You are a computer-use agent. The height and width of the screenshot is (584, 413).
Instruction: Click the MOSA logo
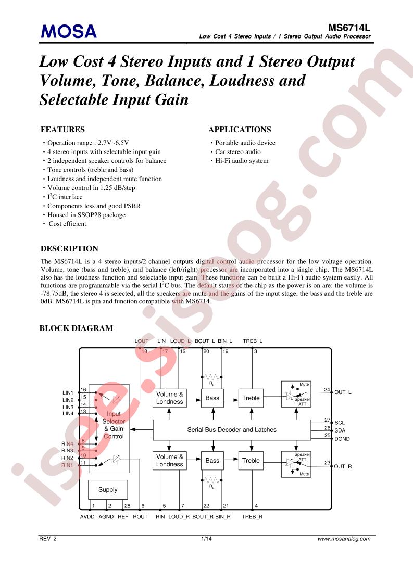coord(69,32)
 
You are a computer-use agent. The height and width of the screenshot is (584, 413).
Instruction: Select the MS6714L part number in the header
coord(349,28)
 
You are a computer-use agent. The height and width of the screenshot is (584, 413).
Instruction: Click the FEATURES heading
coord(62,130)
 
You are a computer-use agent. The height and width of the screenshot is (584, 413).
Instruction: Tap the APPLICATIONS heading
coord(240,130)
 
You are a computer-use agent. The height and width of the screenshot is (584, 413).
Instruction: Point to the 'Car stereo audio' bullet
coord(238,151)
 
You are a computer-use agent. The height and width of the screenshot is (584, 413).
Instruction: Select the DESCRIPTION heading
coord(69,249)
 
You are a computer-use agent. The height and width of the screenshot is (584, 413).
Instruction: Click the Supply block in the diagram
coord(108,490)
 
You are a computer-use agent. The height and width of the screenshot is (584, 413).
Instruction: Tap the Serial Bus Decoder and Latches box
coord(232,430)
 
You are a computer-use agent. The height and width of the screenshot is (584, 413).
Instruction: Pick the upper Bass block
coord(212,398)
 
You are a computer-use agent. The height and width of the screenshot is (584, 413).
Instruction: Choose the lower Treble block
coord(251,461)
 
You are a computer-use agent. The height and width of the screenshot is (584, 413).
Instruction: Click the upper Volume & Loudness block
coord(170,398)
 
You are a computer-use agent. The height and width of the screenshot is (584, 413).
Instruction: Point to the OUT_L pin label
coord(343,392)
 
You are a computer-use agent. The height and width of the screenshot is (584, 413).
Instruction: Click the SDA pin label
coord(340,430)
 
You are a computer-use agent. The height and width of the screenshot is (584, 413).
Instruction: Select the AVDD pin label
coord(87,517)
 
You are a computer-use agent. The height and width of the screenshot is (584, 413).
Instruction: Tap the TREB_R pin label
coord(252,517)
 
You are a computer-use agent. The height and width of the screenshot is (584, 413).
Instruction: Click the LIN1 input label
coord(68,393)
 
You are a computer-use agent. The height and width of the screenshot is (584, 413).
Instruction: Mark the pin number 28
coord(127,506)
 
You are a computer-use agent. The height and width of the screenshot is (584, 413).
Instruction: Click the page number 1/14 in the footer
coord(206,539)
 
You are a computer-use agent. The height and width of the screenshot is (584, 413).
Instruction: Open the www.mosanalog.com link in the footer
coord(344,539)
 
